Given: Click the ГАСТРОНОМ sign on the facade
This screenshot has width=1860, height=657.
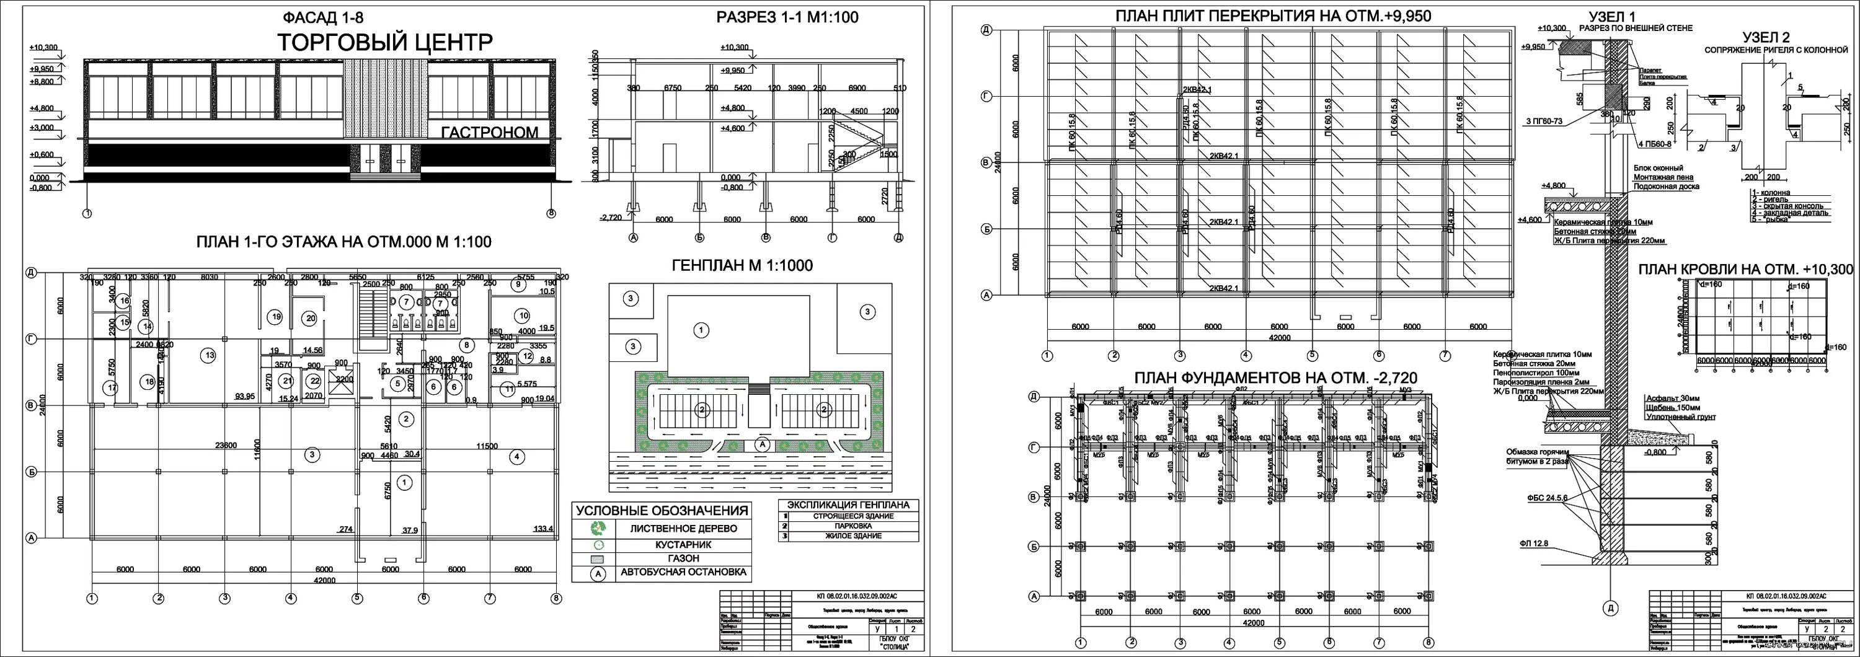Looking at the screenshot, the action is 490,133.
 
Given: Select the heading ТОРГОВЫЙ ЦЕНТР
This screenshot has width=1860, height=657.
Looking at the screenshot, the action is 385,42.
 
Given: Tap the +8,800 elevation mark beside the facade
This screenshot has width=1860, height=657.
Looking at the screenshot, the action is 42,82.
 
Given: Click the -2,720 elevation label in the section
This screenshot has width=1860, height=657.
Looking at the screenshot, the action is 611,216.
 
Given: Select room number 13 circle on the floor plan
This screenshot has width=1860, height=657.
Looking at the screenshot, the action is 210,355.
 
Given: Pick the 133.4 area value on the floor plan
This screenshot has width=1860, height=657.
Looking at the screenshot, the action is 543,529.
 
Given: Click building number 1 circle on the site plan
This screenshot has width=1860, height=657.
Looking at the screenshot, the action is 701,330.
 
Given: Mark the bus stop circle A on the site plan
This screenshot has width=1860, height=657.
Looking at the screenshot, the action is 761,445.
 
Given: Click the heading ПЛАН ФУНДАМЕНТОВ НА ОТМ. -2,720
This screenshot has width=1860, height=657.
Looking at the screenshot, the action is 1275,377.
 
